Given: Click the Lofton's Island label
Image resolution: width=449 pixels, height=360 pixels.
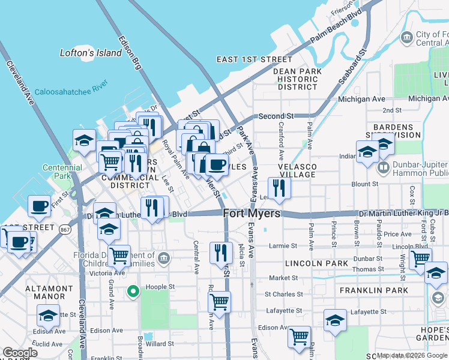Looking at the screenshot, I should point(91,53).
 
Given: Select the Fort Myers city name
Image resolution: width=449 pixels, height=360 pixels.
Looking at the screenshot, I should point(252,214).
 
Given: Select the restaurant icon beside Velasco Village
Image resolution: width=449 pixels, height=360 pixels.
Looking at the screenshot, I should point(279,188).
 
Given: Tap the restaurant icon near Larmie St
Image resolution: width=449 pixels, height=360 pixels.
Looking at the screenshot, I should point(221,253).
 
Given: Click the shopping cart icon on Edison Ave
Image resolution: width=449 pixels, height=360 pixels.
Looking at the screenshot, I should point(298,337).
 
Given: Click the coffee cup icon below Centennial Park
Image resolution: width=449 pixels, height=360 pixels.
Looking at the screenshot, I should point(39,206).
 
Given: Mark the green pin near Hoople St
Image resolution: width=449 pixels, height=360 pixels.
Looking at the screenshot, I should point(133,292).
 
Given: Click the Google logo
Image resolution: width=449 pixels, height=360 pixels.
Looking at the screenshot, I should point(20,353).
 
